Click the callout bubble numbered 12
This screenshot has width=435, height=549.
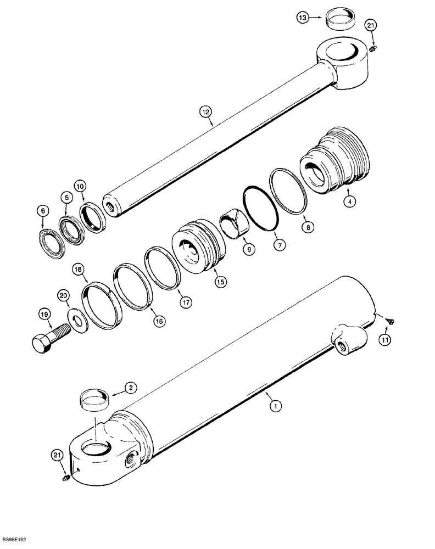[205, 113]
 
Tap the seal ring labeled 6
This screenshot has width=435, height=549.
[53, 236]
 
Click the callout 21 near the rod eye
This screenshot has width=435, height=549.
[371, 26]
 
